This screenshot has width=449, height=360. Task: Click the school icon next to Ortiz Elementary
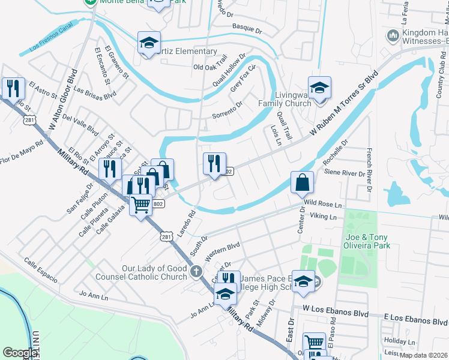coord(149,43)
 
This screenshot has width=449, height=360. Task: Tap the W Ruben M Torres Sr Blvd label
coord(344,103)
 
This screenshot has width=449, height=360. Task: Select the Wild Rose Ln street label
coord(322,205)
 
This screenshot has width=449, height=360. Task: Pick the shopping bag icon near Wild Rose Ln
coord(303,181)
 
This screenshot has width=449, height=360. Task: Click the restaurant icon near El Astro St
coord(12,88)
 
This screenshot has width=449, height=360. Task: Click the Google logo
coord(20,353)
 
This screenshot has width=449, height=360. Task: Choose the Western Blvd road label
coord(222,251)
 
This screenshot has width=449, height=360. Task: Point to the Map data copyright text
coord(423,355)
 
